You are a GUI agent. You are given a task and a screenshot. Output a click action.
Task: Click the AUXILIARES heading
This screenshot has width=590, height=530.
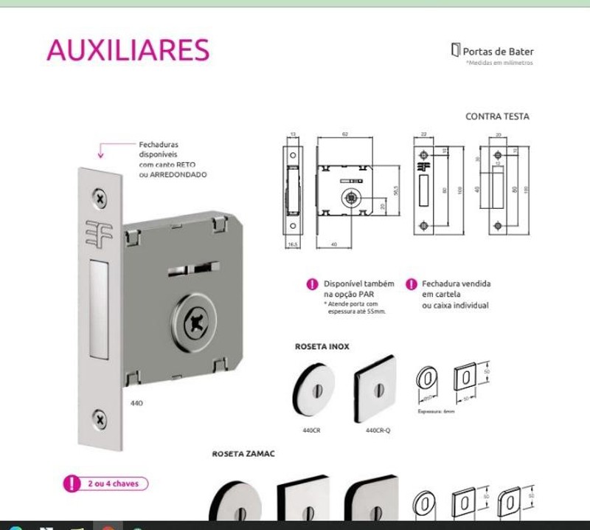coord(128,49)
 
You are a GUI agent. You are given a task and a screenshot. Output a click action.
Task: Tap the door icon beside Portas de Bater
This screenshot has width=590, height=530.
coord(455,50)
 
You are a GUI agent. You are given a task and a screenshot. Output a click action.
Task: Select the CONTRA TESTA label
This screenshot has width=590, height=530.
coord(497,116)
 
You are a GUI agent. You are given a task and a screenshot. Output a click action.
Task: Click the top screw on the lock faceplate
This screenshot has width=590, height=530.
coord(100,197)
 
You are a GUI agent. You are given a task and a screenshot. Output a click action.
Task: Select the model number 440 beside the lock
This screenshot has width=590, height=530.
coord(136,403)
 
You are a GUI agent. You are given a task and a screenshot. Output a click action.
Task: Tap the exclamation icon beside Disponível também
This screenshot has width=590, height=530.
coord(313,284)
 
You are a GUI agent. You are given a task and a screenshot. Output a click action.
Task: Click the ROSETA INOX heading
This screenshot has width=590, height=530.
coord(322,346)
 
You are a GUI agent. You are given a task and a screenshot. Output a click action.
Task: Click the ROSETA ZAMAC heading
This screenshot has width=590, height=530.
coord(243,453)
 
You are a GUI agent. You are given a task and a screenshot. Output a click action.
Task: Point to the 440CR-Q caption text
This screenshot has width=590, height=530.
coord(378,430)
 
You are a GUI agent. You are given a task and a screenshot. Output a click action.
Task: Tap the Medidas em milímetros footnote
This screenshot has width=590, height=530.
coord(499,63)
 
